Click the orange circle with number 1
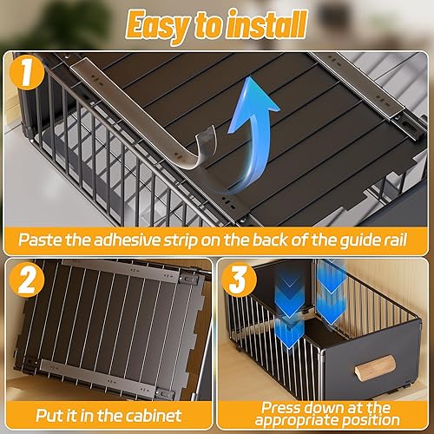27,72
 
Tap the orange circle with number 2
27,279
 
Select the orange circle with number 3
239,279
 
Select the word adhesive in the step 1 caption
127,240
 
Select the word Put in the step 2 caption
49,416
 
